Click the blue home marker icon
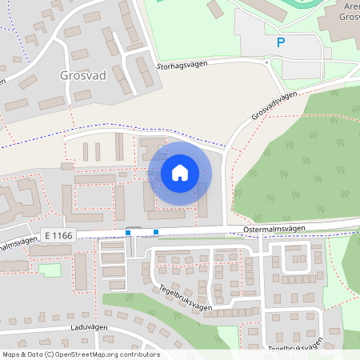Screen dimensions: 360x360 [x=180, y=173]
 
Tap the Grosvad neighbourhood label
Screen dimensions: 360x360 [x=83, y=78]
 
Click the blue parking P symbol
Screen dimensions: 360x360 [x=280, y=42]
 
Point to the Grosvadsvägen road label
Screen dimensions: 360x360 [x=274, y=106]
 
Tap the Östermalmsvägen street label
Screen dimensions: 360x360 [x=274, y=229]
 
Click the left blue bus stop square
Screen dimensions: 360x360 [x=128, y=233]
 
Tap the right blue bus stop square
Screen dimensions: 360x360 [x=155, y=233]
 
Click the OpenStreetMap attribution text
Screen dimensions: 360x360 [x=81, y=354]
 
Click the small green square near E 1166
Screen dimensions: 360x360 [x=50, y=270]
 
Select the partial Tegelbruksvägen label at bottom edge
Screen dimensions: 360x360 [x=296, y=350]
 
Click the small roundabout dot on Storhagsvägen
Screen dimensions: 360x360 [x=265, y=61]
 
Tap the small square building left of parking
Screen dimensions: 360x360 [x=215, y=9]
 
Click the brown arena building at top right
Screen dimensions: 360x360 [x=340, y=24]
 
